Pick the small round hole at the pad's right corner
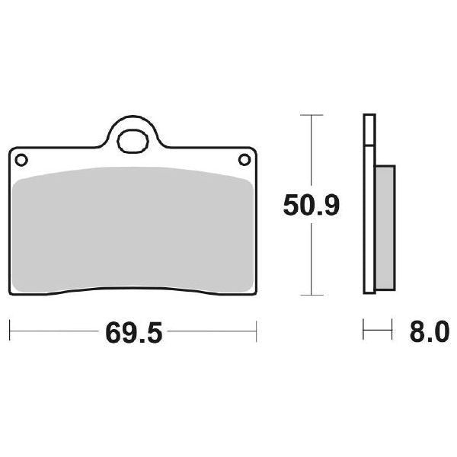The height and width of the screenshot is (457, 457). pyautogui.click(x=244, y=159)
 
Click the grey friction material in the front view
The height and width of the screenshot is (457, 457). pyautogui.click(x=133, y=228)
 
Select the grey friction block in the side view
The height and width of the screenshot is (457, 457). pyautogui.click(x=385, y=228)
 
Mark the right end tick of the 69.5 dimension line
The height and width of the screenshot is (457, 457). pyautogui.click(x=257, y=332)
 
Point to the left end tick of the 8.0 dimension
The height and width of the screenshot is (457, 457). pyautogui.click(x=364, y=332)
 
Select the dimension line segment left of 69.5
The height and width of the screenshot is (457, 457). pyautogui.click(x=53, y=332)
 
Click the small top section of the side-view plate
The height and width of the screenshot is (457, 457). pyautogui.click(x=370, y=129)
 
